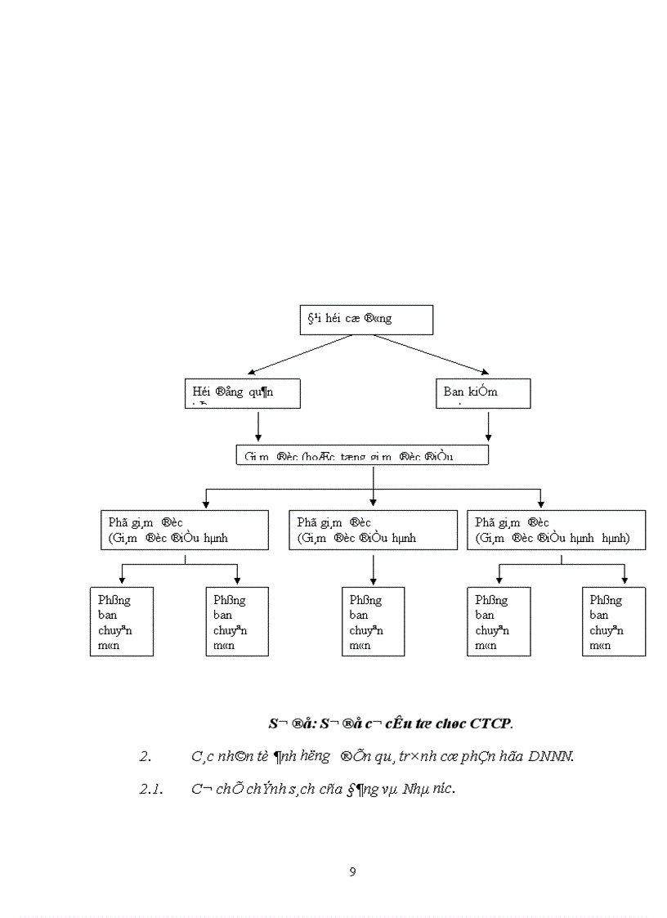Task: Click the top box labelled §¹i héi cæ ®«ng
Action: pos(366,320)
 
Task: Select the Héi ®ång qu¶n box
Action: pos(241,393)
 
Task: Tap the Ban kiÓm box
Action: pos(482,393)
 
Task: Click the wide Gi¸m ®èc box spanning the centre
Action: pos(362,455)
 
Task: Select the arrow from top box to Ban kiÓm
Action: pos(429,354)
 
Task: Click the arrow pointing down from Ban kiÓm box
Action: pos(488,426)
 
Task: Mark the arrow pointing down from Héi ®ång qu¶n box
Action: pos(258,426)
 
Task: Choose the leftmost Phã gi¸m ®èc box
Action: pos(185,530)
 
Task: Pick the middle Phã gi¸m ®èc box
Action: pos(373,530)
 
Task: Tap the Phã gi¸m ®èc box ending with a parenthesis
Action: pos(556,530)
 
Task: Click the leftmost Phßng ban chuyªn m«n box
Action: pos(122,621)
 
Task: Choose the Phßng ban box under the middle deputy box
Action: pos(373,621)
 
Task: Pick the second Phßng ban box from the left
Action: pos(236,621)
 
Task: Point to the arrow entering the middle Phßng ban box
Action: pos(373,571)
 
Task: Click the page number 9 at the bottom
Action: pos(352,871)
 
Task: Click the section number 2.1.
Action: pos(152,789)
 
